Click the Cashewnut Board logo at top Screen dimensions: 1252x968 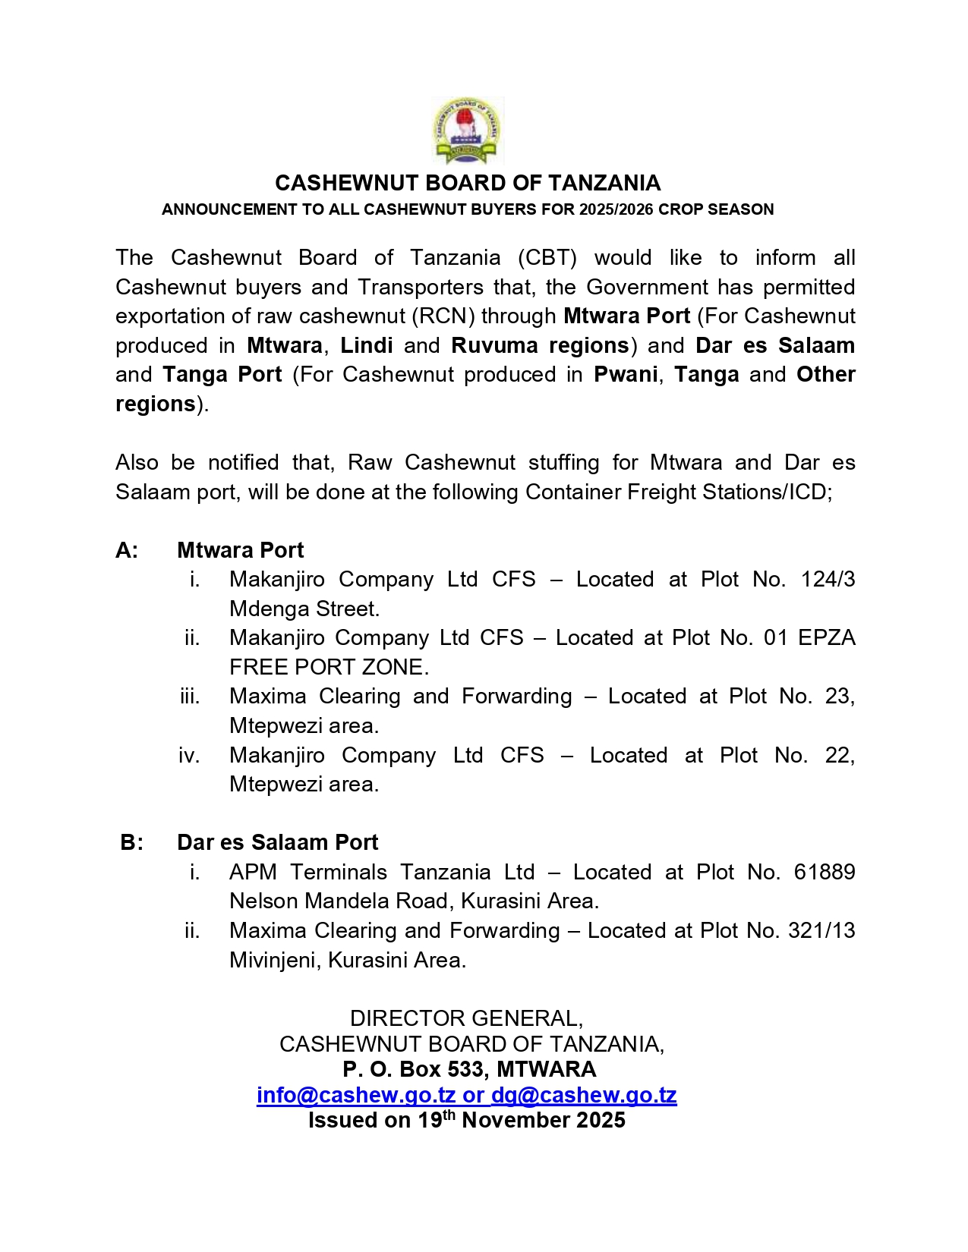[x=466, y=131]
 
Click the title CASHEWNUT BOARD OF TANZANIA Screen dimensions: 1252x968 [x=468, y=183]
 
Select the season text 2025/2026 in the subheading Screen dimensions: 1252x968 [x=616, y=209]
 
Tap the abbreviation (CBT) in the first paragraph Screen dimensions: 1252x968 [x=547, y=257]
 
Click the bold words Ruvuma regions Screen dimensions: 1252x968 [x=540, y=345]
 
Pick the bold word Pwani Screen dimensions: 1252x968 [x=626, y=374]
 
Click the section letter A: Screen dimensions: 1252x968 [x=127, y=550]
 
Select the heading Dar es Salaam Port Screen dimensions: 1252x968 [x=277, y=842]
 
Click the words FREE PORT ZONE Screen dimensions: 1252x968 [x=329, y=667]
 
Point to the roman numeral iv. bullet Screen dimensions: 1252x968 [x=189, y=756]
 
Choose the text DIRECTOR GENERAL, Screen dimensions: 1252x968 [x=466, y=1018]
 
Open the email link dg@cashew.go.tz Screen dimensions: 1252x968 [x=584, y=1095]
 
